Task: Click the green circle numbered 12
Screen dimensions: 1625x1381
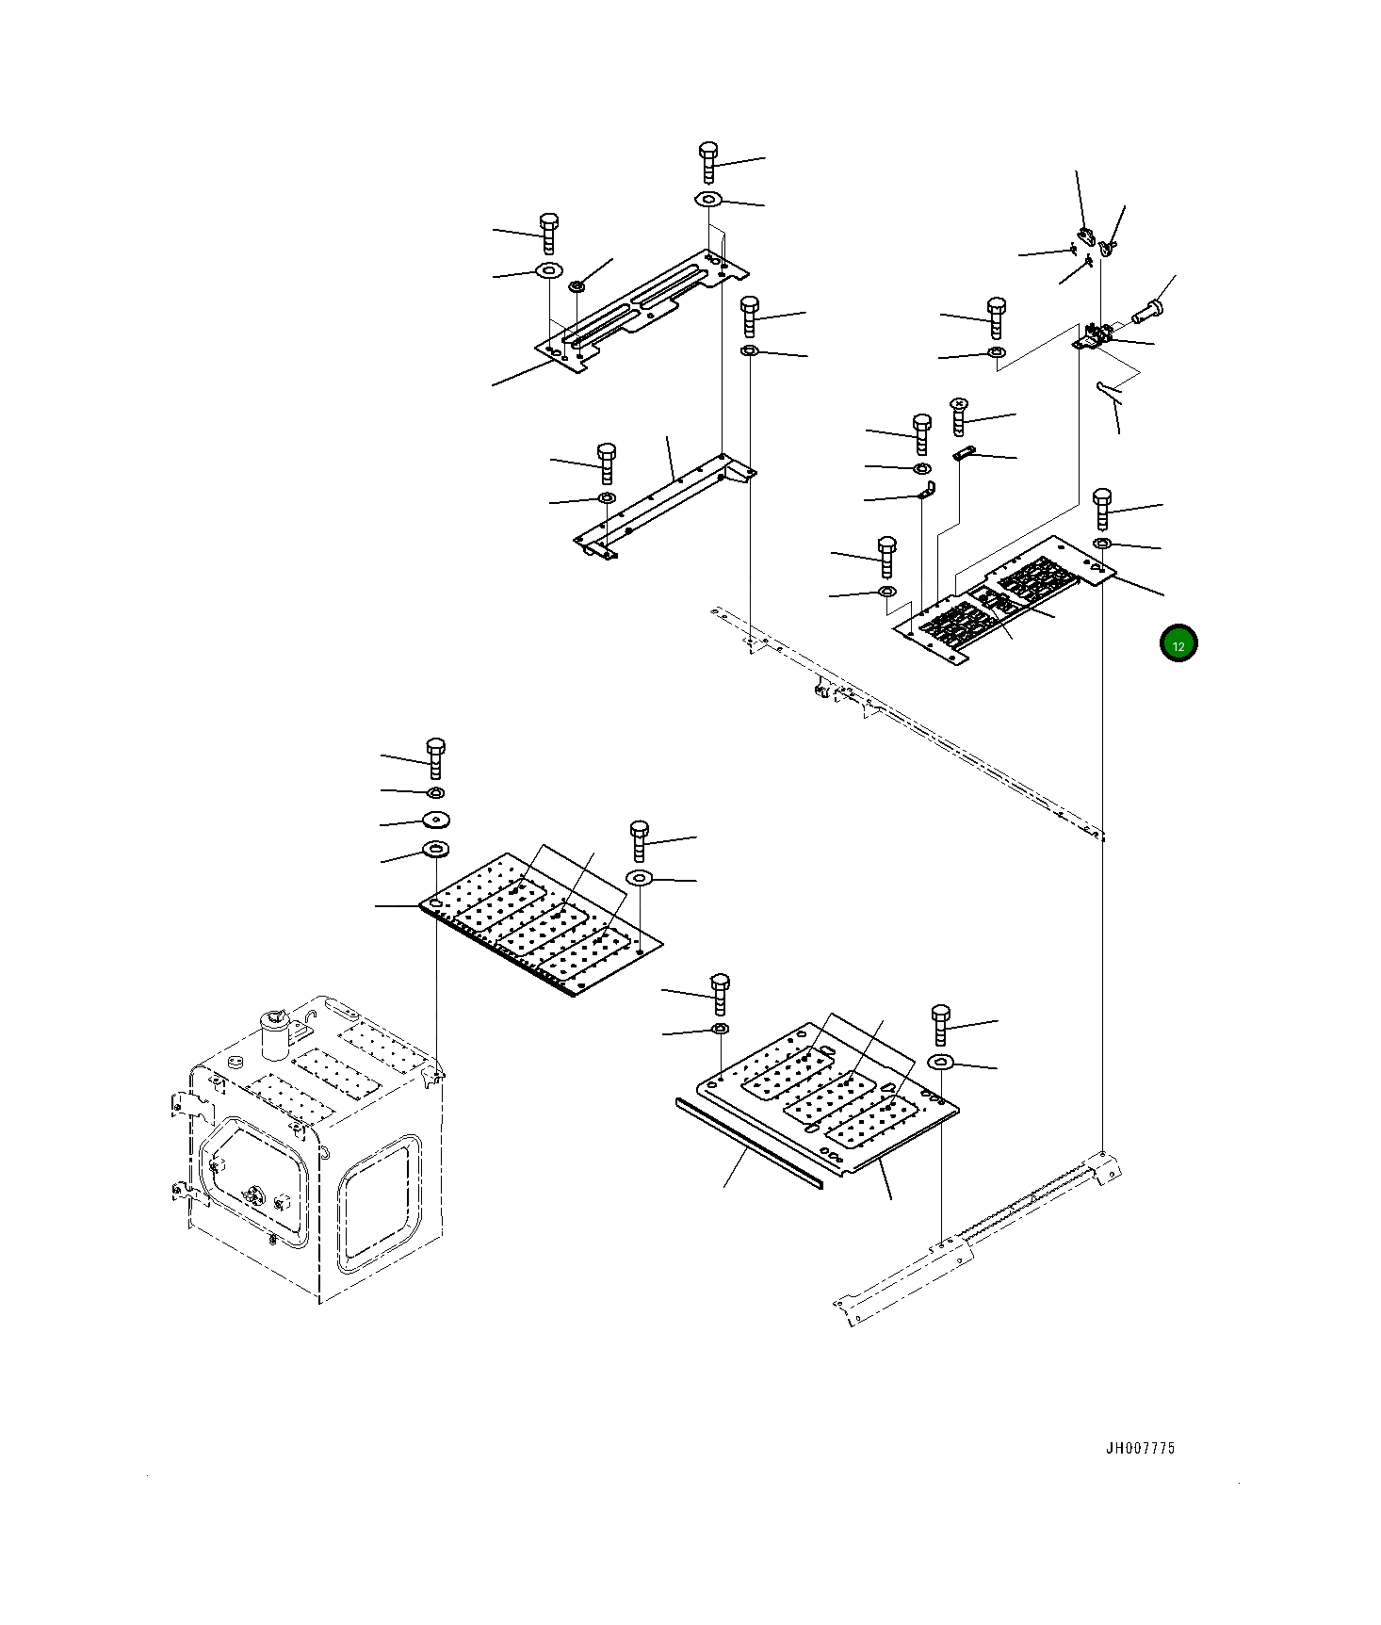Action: [1178, 644]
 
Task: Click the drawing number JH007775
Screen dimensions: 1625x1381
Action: [1140, 1449]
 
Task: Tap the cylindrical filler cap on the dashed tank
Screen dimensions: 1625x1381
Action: [274, 1033]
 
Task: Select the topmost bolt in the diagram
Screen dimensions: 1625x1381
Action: [709, 161]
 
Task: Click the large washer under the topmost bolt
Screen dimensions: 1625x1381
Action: [708, 200]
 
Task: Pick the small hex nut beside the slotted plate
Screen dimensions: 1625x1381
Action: [577, 284]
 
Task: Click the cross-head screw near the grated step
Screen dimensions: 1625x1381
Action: [959, 415]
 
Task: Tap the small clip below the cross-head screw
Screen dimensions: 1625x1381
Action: [963, 453]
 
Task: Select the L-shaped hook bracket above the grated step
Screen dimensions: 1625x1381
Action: [927, 491]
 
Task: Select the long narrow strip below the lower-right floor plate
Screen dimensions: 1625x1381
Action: [749, 1142]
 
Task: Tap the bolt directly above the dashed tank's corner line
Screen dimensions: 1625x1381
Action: [435, 758]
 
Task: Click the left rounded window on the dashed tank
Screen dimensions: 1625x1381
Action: [252, 1181]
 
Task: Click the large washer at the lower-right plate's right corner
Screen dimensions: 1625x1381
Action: [940, 1063]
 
